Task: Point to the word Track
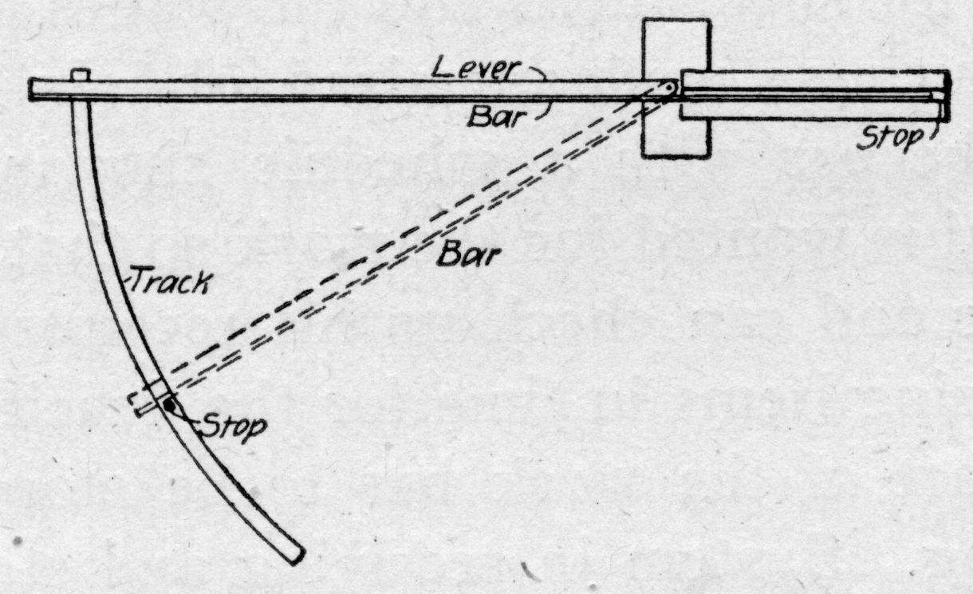pos(170,280)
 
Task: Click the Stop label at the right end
pos(887,138)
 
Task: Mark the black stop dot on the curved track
pos(170,405)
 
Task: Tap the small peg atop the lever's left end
pos(79,74)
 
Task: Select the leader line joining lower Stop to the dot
pos(185,415)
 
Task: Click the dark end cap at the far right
pos(946,96)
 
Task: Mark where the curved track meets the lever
pos(81,100)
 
